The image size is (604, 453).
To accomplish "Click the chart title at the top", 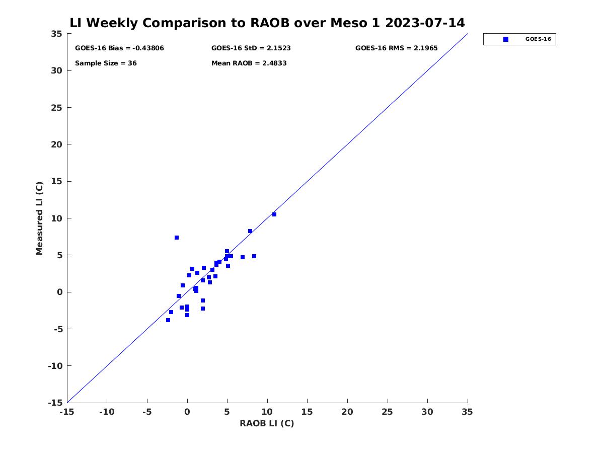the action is pyautogui.click(x=267, y=23).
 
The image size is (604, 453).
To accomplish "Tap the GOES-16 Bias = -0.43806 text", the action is pyautogui.click(x=119, y=48).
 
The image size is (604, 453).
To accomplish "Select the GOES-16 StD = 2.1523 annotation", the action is pyautogui.click(x=251, y=48).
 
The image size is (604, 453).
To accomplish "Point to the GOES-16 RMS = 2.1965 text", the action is pyautogui.click(x=396, y=48).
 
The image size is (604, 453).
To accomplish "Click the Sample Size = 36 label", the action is pyautogui.click(x=106, y=63).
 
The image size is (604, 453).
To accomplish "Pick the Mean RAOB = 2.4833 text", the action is pyautogui.click(x=249, y=63).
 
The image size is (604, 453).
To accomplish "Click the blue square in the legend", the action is pyautogui.click(x=506, y=39).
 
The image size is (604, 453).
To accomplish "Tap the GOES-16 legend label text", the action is pyautogui.click(x=538, y=39).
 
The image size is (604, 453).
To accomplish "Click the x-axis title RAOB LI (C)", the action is pyautogui.click(x=267, y=423).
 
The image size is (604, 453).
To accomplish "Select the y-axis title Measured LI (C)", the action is pyautogui.click(x=39, y=218).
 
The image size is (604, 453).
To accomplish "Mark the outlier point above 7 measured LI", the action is pyautogui.click(x=177, y=238).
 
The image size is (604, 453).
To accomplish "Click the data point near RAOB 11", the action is pyautogui.click(x=274, y=214).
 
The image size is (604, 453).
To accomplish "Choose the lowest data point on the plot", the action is pyautogui.click(x=168, y=320).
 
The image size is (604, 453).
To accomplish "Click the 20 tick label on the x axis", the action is pyautogui.click(x=347, y=412).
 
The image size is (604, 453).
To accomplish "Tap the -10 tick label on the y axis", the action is pyautogui.click(x=55, y=366).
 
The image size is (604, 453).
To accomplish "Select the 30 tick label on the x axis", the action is pyautogui.click(x=427, y=412).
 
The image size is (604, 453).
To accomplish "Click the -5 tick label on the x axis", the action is pyautogui.click(x=147, y=412).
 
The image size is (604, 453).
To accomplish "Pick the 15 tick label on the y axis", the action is pyautogui.click(x=57, y=181).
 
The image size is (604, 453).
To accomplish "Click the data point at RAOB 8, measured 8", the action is pyautogui.click(x=250, y=231).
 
